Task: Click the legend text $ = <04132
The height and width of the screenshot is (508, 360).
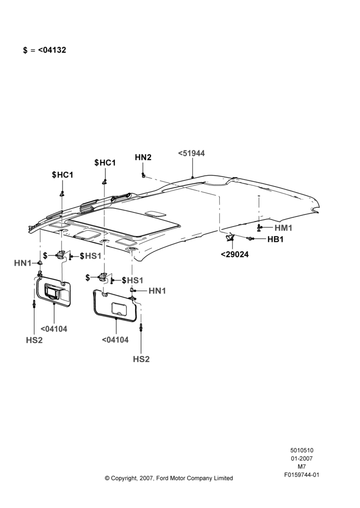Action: click(x=44, y=50)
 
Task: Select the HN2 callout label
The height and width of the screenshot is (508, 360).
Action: click(x=143, y=157)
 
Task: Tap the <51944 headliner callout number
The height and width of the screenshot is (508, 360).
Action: click(x=191, y=153)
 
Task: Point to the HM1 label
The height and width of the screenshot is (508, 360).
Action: click(x=283, y=228)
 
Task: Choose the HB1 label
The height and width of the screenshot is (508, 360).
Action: click(x=276, y=239)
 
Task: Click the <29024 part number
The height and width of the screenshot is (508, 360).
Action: click(x=235, y=255)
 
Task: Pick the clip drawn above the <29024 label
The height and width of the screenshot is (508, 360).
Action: click(x=230, y=237)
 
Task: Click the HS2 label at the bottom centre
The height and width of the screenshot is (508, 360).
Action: click(x=141, y=359)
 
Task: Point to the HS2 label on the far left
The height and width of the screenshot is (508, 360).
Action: click(x=35, y=340)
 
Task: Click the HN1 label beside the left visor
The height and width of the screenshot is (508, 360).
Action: click(x=22, y=263)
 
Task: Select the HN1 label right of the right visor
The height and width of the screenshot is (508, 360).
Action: click(x=157, y=291)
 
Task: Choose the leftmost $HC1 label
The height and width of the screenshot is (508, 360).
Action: click(x=63, y=175)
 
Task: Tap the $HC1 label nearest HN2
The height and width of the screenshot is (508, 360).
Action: click(x=105, y=163)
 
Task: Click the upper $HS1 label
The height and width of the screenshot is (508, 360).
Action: click(x=91, y=256)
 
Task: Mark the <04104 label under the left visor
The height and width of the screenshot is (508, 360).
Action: click(x=54, y=329)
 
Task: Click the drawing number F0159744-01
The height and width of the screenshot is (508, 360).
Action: click(x=302, y=475)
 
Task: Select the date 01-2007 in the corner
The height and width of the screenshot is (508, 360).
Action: click(x=302, y=458)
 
